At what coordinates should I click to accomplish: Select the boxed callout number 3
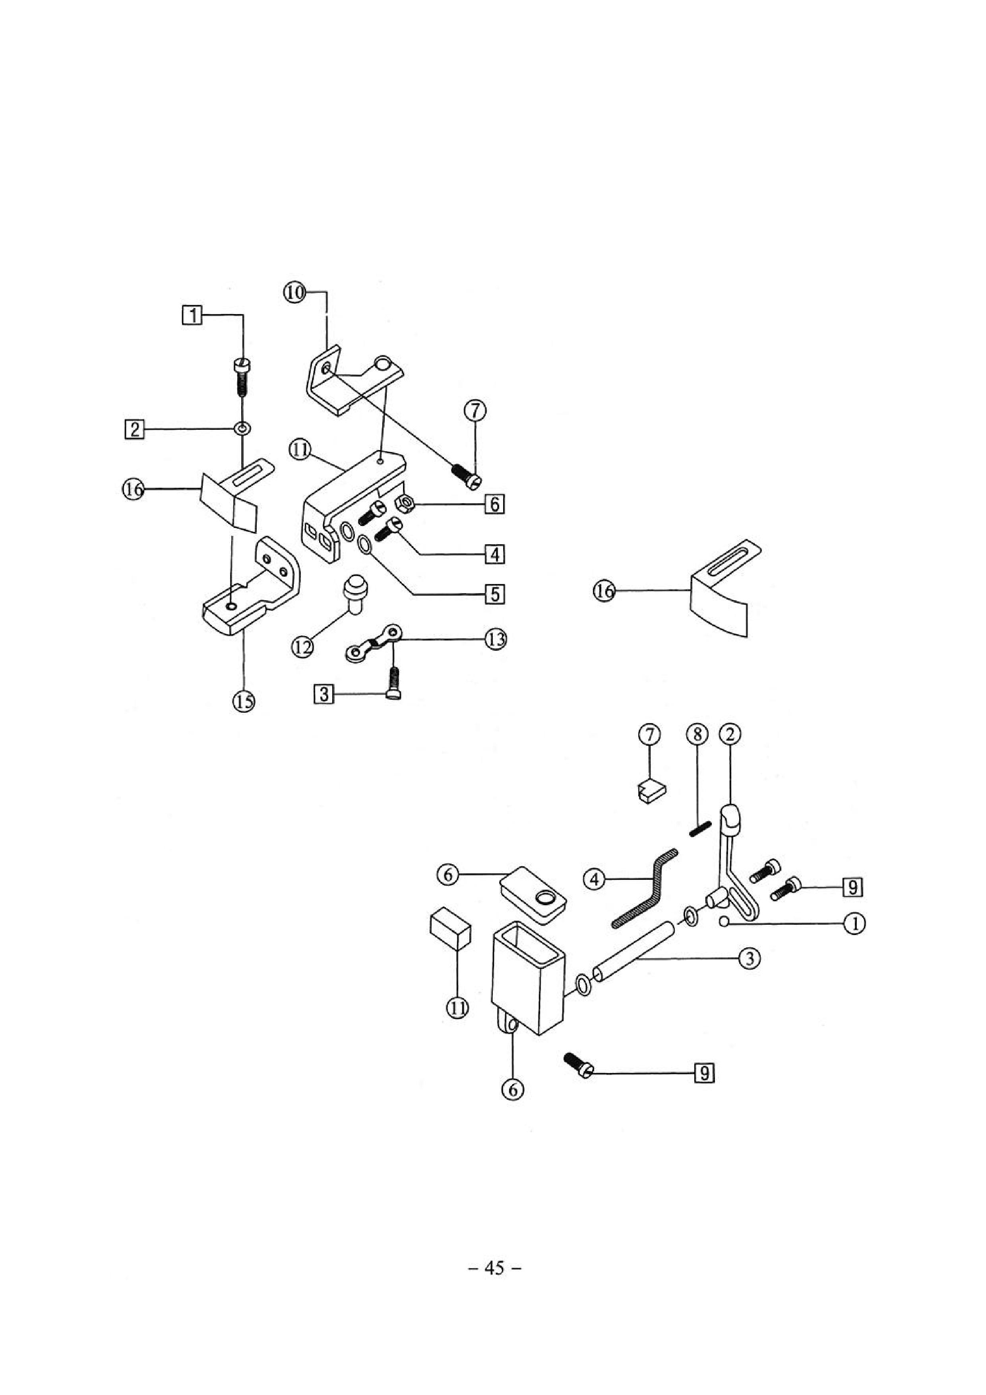click(324, 693)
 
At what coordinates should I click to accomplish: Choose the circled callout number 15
click(244, 702)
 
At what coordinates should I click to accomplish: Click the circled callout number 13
click(495, 639)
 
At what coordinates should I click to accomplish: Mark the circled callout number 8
click(697, 735)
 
